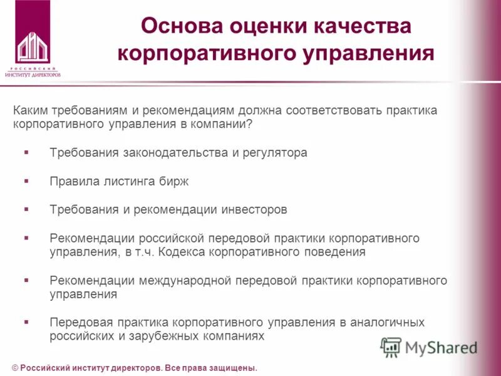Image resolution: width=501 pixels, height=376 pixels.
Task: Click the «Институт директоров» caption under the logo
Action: click(x=33, y=74)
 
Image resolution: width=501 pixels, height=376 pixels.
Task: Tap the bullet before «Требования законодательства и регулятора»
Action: click(x=26, y=152)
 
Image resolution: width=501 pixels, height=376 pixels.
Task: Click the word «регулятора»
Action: click(x=276, y=152)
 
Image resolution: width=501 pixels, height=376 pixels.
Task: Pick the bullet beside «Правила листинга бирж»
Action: click(x=26, y=180)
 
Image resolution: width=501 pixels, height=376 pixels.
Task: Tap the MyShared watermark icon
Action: click(x=391, y=347)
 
